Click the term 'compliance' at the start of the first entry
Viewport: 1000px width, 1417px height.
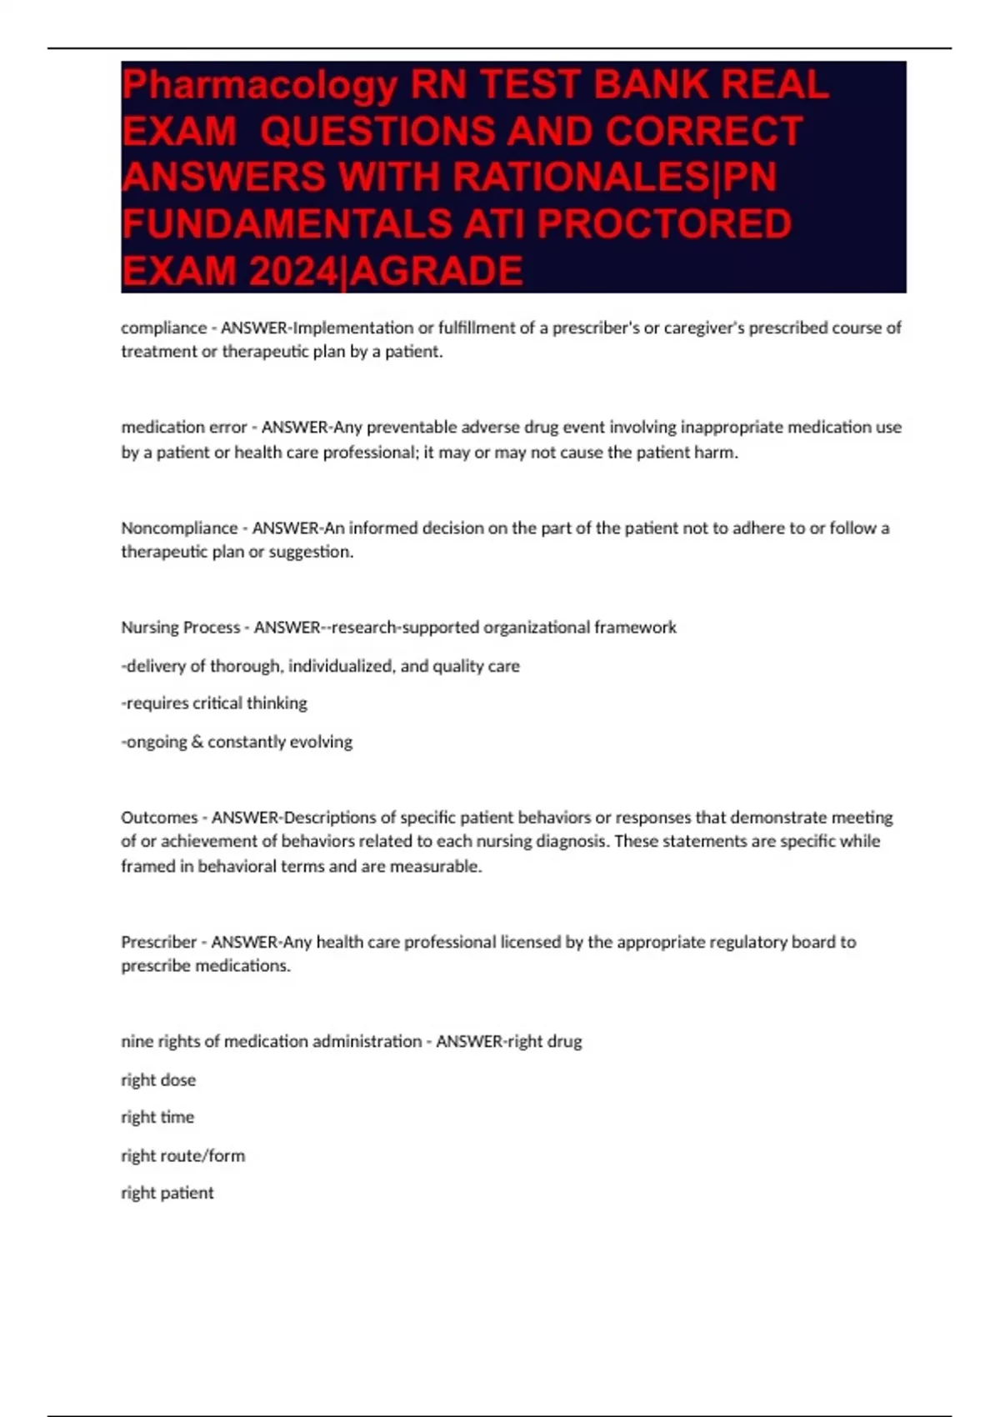163,328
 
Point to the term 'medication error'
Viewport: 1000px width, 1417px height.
183,428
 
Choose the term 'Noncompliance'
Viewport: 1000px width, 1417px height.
179,528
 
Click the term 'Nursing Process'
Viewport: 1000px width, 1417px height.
180,628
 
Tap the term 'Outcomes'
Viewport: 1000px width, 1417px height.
159,818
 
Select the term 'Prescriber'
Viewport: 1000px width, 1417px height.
159,942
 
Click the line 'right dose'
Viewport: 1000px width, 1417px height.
158,1080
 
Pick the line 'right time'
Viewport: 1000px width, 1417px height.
157,1117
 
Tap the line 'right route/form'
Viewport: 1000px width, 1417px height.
183,1155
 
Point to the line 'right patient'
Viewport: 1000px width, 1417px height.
167,1193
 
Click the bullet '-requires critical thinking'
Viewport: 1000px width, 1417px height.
214,703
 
